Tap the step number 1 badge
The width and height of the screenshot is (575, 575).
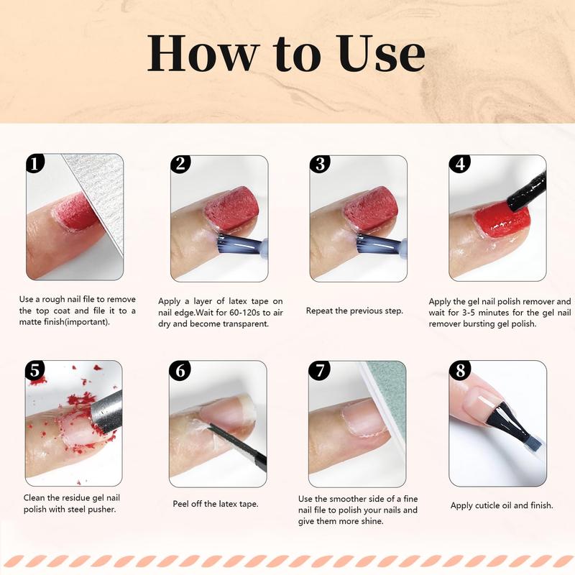click(x=34, y=163)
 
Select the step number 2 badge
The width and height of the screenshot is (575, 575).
click(x=180, y=163)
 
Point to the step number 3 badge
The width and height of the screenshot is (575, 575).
click(x=319, y=163)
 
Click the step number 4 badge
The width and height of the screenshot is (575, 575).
click(x=459, y=163)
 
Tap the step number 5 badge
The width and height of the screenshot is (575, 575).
click(x=34, y=370)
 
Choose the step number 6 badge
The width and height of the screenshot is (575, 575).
click(x=180, y=370)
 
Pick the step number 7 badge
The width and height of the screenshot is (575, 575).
click(x=319, y=370)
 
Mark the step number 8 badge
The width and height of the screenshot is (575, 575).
click(x=459, y=370)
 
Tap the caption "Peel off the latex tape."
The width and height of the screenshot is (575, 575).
click(x=216, y=504)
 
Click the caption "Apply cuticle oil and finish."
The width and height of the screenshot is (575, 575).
click(x=502, y=505)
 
